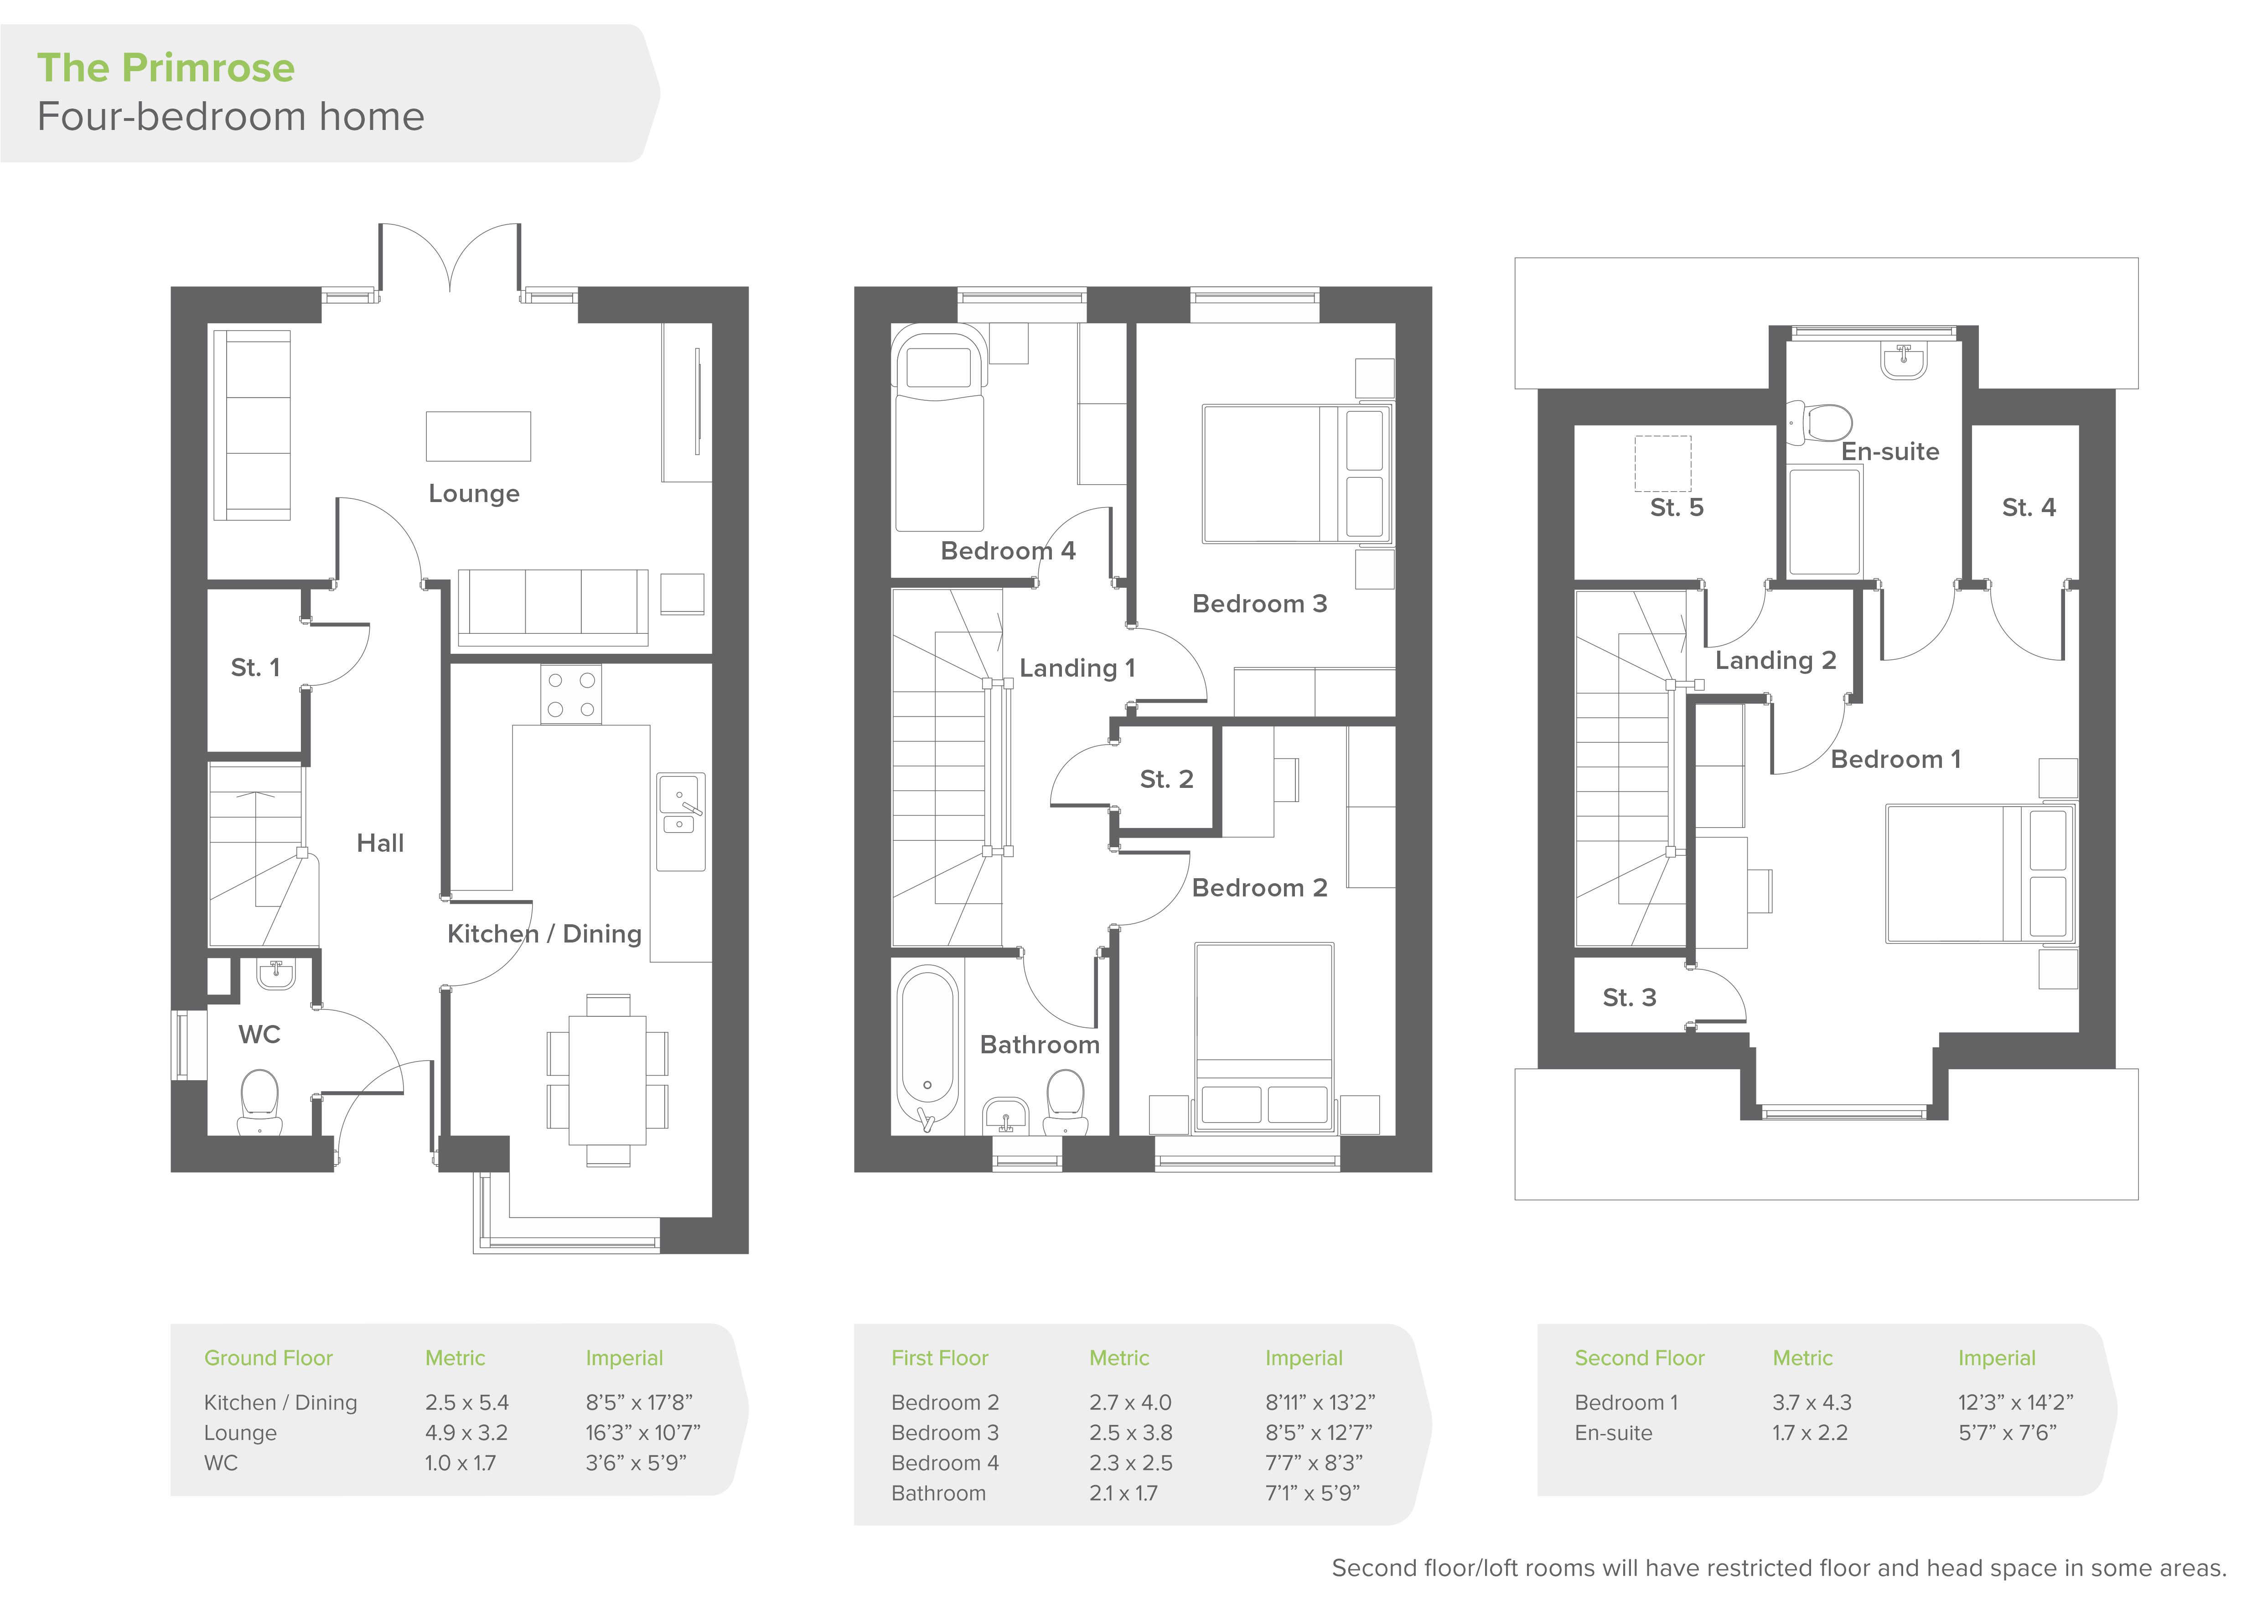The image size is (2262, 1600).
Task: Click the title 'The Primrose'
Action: [x=166, y=68]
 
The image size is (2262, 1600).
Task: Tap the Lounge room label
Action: [x=474, y=494]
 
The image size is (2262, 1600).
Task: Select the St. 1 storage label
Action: [x=255, y=668]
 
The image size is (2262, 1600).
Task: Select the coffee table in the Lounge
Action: [x=478, y=436]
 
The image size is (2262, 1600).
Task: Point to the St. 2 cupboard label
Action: [x=1166, y=779]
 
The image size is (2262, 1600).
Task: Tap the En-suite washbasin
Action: [x=1903, y=362]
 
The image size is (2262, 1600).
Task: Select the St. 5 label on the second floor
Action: [x=1677, y=507]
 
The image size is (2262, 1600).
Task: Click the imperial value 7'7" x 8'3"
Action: [x=1314, y=1463]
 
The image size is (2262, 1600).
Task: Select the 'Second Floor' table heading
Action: [x=1639, y=1357]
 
